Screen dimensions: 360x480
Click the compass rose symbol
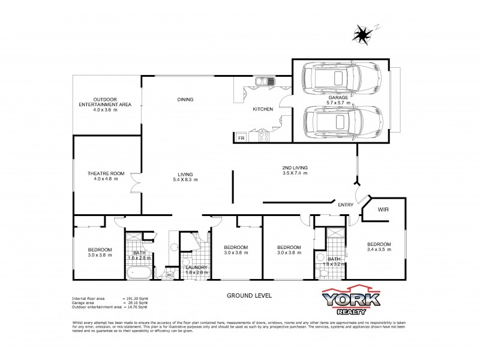point(362,34)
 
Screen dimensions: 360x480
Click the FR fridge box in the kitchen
point(241,138)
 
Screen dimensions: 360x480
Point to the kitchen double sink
point(263,82)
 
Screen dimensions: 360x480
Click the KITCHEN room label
point(263,109)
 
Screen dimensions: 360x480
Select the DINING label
point(185,100)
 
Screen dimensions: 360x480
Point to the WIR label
point(384,211)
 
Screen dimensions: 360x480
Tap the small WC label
point(169,275)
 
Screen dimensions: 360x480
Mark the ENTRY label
point(346,205)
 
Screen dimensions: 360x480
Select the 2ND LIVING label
point(295,167)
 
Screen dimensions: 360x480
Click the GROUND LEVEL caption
point(249,296)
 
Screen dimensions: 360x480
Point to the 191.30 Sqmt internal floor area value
point(134,298)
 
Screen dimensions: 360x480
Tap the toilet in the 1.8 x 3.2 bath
point(323,273)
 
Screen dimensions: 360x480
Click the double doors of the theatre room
point(137,183)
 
